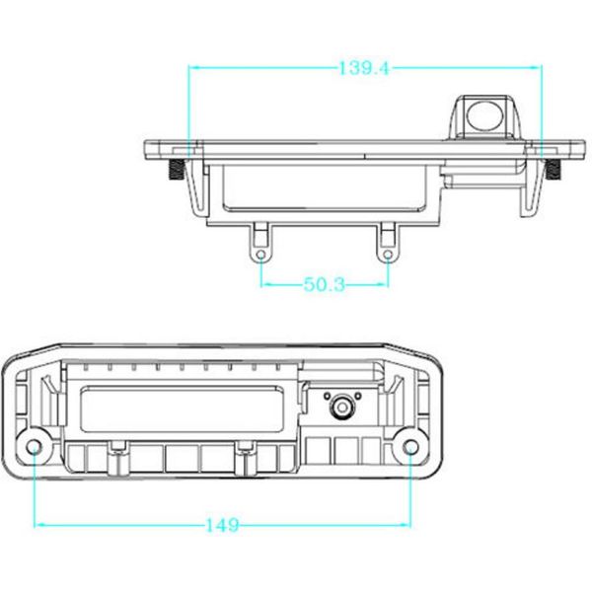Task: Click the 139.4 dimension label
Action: point(363,68)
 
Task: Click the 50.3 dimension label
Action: point(325,284)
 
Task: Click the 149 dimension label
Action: point(222,525)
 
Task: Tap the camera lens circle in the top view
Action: point(483,114)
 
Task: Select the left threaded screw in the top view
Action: point(177,169)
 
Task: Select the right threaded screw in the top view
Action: point(554,169)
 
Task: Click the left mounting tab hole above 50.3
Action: point(260,255)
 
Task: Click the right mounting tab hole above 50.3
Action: point(388,255)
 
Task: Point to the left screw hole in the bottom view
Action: point(34,447)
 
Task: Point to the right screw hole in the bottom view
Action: point(410,447)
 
